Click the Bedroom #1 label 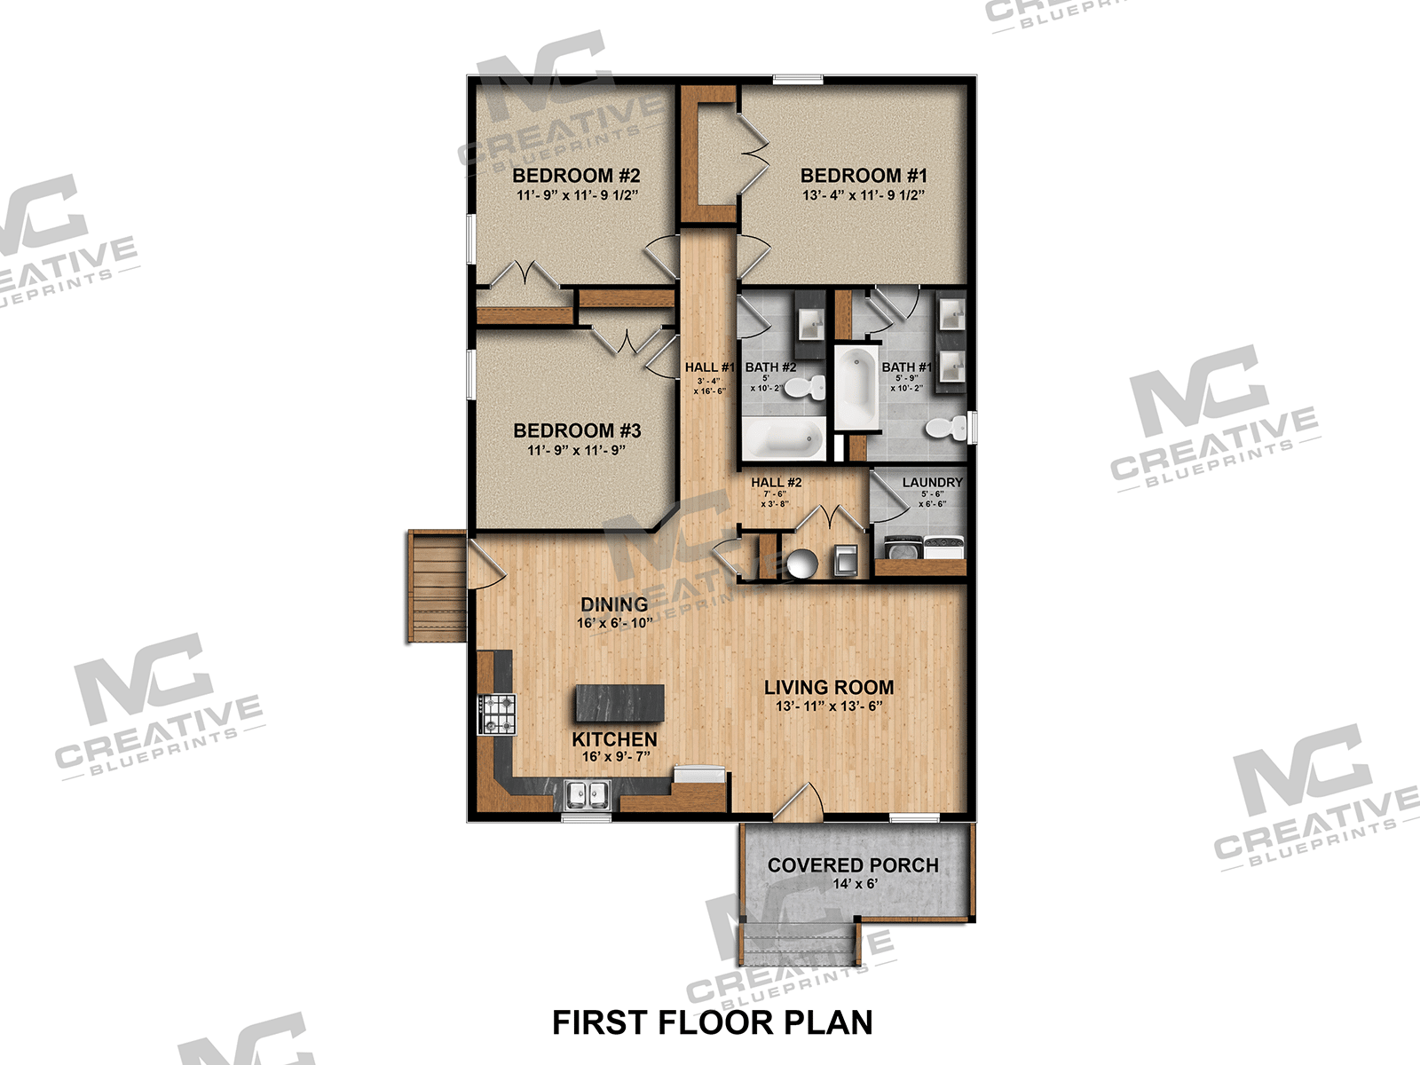[863, 176]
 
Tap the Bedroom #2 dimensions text [577, 195]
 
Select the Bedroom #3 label [577, 430]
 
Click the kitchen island [619, 702]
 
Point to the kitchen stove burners [497, 714]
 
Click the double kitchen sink [587, 793]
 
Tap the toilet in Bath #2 [808, 387]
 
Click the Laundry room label [932, 482]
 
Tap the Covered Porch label [852, 865]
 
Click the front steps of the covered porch [799, 944]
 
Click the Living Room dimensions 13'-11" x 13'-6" [828, 706]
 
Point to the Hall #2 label [776, 482]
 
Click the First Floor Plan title [712, 1022]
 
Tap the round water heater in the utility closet [801, 563]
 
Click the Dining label [614, 604]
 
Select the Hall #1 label [709, 367]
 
